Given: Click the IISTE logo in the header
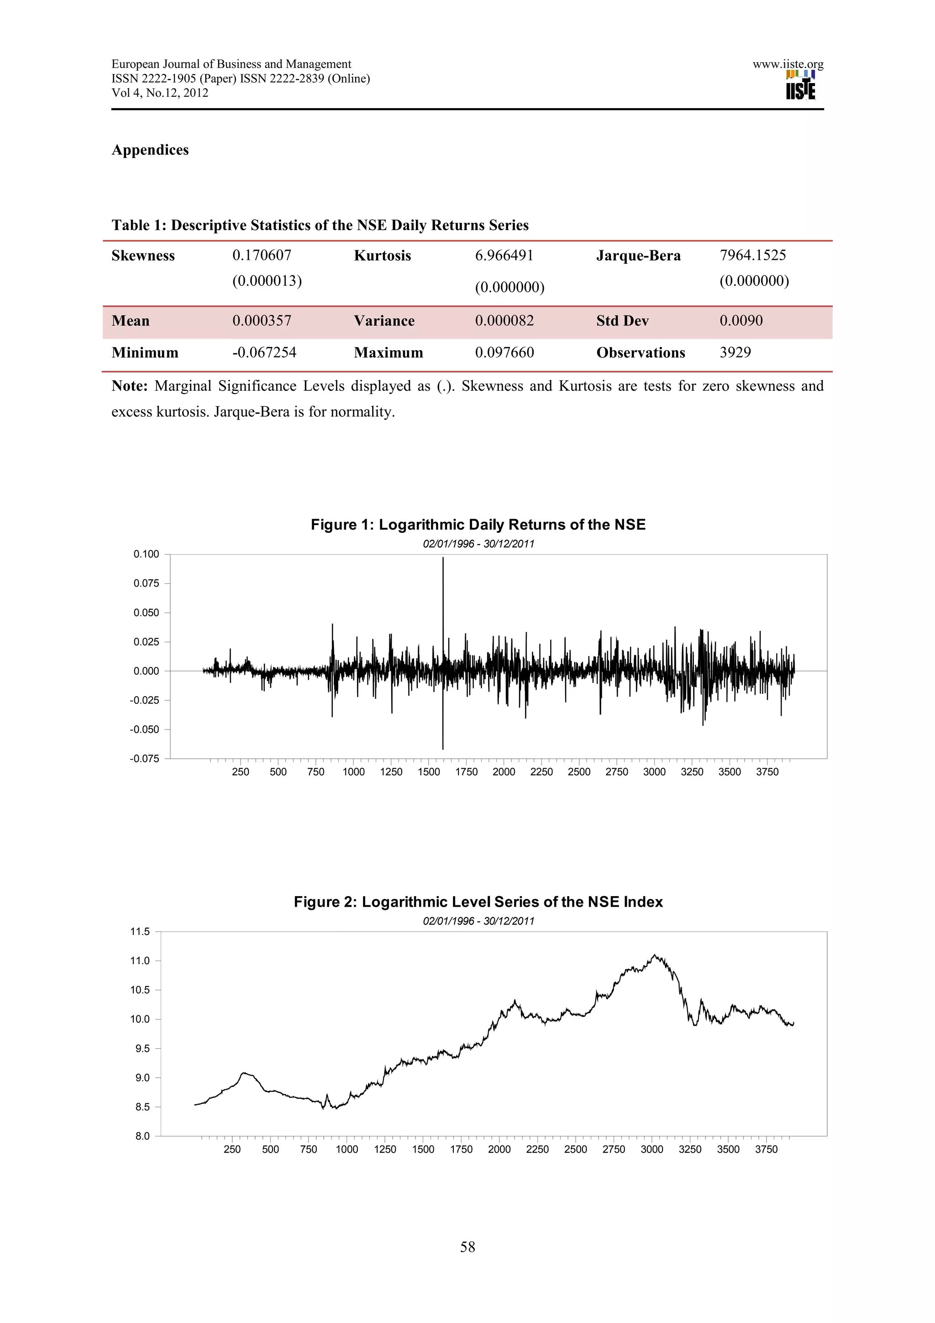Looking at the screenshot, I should tap(800, 85).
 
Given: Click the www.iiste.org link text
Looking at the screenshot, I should tap(788, 64).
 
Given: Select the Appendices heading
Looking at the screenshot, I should tap(150, 150).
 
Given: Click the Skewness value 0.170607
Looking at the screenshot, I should tap(262, 255).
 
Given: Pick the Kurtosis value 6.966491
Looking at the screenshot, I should tap(504, 255).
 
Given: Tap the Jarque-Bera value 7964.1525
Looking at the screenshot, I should tap(752, 255).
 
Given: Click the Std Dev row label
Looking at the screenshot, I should tap(622, 321).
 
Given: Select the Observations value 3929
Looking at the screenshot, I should tap(735, 352).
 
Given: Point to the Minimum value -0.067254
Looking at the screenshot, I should tap(264, 352).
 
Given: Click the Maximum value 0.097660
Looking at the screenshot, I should tap(504, 352).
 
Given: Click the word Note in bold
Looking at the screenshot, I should tap(130, 386).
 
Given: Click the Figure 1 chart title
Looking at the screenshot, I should tap(478, 525).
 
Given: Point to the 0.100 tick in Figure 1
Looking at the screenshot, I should tap(147, 554).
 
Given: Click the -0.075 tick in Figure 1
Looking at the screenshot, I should tap(145, 759).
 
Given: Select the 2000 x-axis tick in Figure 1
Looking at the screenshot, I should tap(504, 772).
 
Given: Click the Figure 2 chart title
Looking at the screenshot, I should tap(478, 902).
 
